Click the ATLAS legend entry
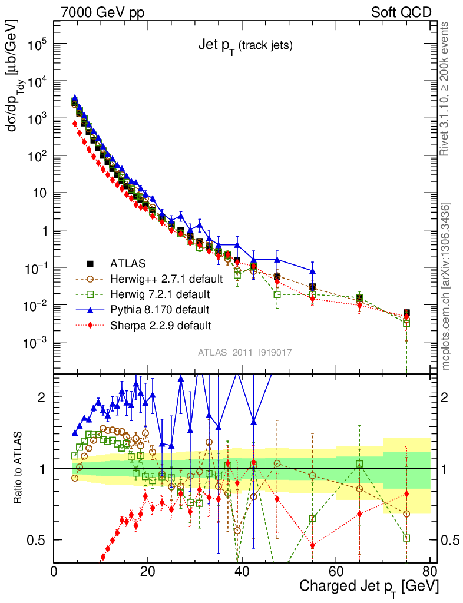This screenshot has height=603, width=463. tap(128, 263)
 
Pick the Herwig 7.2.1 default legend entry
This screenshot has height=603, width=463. tap(161, 294)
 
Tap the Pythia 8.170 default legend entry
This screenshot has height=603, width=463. tap(158, 309)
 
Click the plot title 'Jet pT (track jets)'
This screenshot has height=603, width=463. tap(244, 46)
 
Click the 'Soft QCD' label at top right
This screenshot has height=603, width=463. tap(402, 12)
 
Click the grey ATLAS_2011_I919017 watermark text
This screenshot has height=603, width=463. tap(244, 352)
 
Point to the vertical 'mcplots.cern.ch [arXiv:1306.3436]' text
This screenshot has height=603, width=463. tap(446, 286)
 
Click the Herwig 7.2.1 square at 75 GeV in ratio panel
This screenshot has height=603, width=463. tap(406, 538)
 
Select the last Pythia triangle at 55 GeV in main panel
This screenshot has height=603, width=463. tap(313, 271)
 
